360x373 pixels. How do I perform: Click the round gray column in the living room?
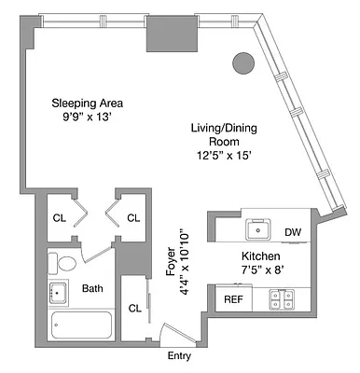[242, 63]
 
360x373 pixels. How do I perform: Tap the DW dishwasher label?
[292, 231]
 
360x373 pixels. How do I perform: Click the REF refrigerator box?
[231, 299]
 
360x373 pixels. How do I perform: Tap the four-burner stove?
[281, 298]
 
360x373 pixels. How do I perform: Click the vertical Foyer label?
[171, 251]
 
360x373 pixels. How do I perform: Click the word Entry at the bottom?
[178, 355]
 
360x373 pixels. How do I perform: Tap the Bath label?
[92, 289]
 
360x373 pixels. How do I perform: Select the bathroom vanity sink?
[57, 292]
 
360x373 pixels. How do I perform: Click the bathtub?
[79, 325]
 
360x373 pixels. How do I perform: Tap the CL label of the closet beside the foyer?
[134, 308]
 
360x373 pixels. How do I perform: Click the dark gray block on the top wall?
[173, 35]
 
